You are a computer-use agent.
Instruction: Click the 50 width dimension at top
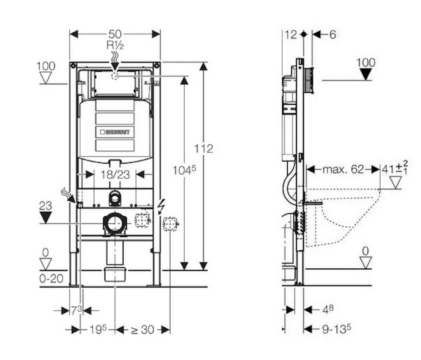click(x=115, y=34)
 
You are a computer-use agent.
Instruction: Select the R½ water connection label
click(x=115, y=45)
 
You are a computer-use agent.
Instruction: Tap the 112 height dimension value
click(x=204, y=149)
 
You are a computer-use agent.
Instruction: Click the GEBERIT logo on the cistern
click(x=115, y=132)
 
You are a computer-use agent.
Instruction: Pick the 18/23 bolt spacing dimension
click(x=115, y=174)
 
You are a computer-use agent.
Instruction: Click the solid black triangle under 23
click(x=46, y=218)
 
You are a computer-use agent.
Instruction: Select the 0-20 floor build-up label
click(x=51, y=279)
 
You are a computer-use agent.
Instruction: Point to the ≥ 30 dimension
click(x=142, y=330)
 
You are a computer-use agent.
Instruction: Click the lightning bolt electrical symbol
click(x=161, y=205)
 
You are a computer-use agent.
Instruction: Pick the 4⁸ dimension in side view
click(x=328, y=309)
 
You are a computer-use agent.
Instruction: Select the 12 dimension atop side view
click(x=291, y=34)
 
